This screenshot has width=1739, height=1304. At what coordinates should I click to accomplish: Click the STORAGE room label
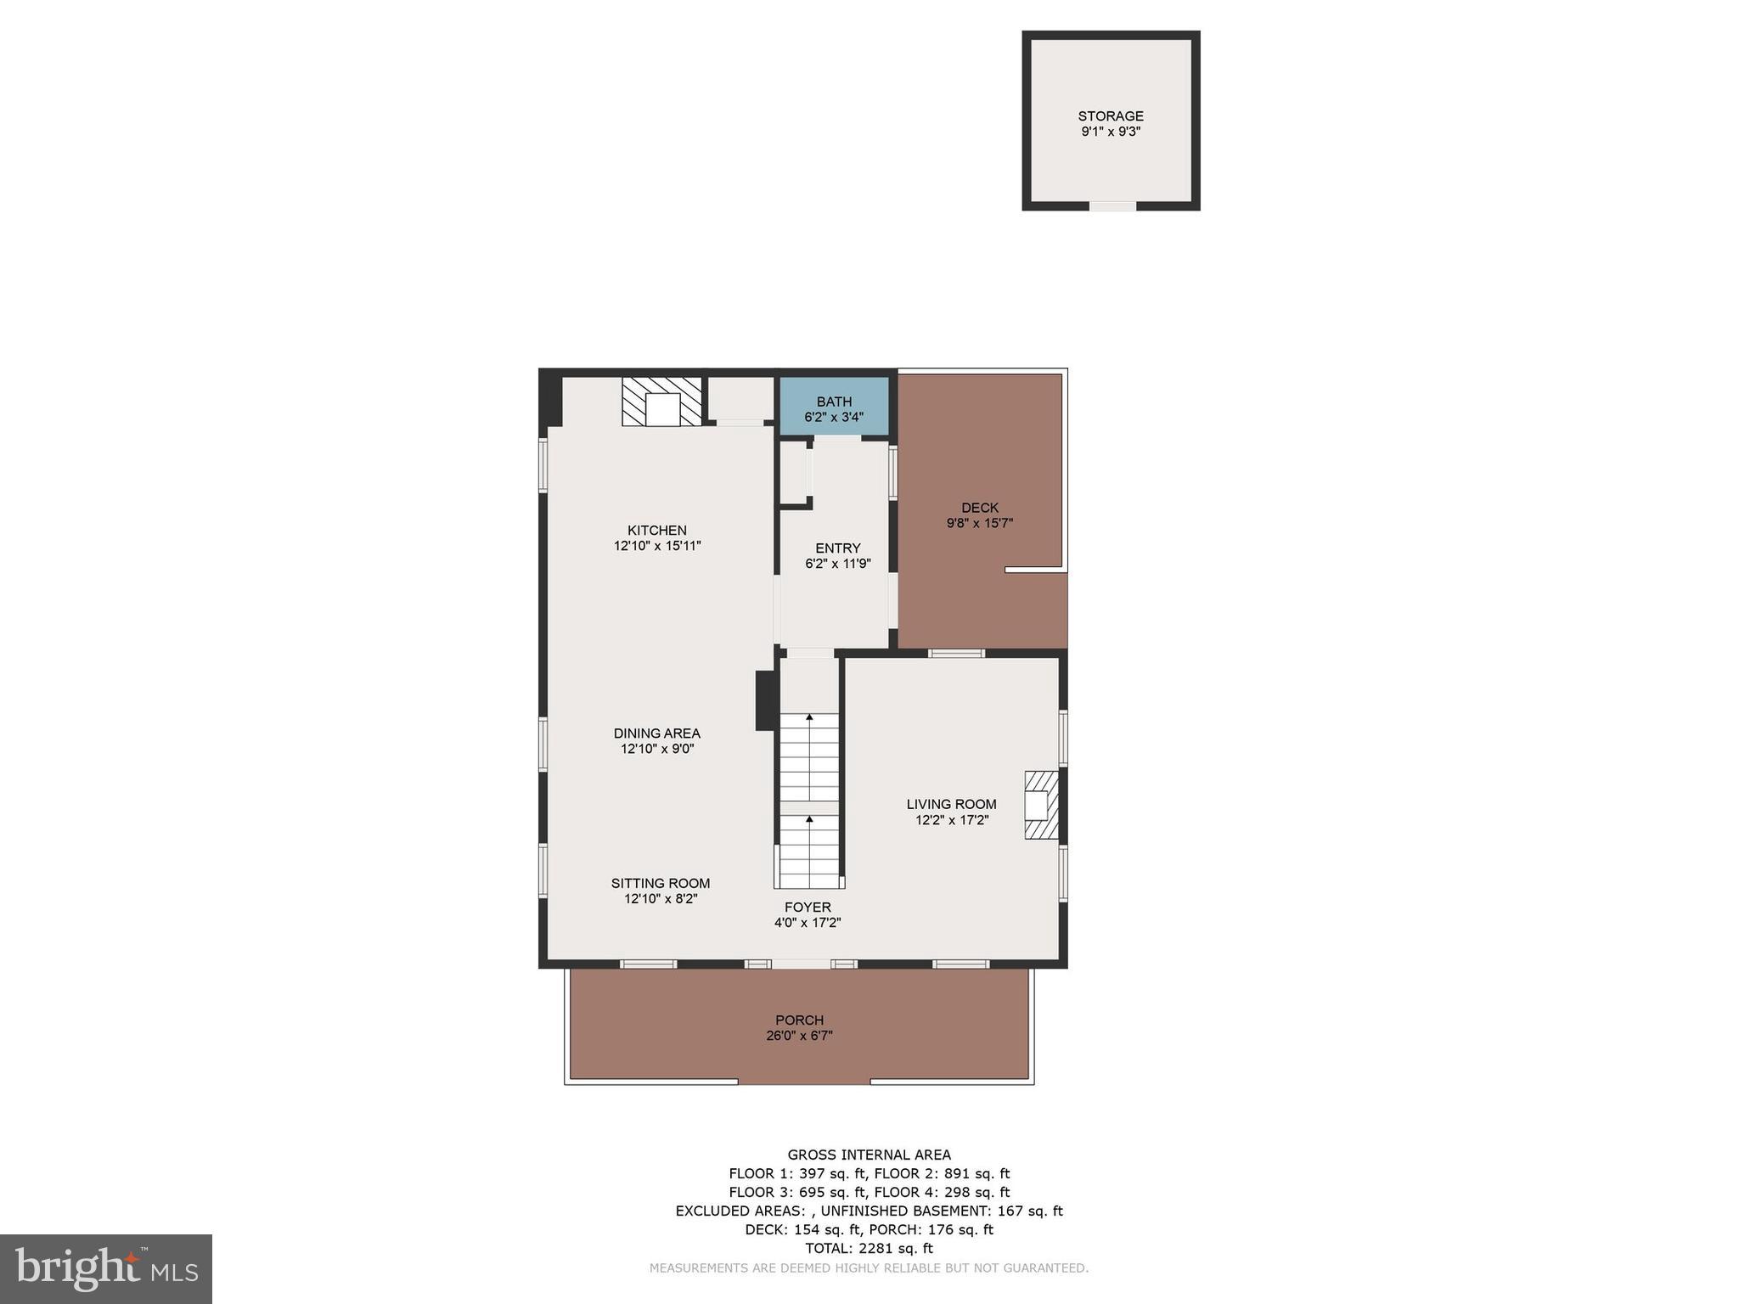(1110, 116)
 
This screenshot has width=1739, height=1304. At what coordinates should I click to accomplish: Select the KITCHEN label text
(656, 531)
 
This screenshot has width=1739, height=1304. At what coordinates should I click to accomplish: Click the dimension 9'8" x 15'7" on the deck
(980, 524)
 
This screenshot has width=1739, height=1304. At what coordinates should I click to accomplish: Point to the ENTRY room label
(837, 548)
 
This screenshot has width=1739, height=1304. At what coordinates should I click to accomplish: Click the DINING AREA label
(656, 733)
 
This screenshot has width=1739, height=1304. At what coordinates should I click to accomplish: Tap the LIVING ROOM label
(951, 805)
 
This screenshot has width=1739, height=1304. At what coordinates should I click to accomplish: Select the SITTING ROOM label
(660, 884)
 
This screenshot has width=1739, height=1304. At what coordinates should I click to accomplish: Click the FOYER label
(807, 908)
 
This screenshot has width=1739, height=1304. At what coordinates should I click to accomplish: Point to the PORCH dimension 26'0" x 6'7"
(799, 1036)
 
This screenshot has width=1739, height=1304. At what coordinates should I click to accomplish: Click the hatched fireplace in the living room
(1040, 805)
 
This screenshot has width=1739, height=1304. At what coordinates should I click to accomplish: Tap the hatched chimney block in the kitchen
(662, 402)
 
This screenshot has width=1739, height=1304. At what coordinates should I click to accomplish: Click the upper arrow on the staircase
(809, 718)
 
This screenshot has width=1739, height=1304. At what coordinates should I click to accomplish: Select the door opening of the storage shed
(1112, 205)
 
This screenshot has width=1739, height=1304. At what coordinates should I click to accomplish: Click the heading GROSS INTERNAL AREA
(869, 1155)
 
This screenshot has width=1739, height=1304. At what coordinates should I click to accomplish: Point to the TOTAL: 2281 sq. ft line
(869, 1248)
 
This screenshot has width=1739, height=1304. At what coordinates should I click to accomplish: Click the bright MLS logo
(106, 1269)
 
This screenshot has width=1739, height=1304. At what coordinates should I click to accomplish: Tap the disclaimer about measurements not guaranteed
(869, 1268)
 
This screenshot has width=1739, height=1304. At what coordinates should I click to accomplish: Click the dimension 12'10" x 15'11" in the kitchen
(656, 546)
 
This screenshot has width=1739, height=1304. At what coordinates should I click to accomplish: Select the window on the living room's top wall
(956, 653)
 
